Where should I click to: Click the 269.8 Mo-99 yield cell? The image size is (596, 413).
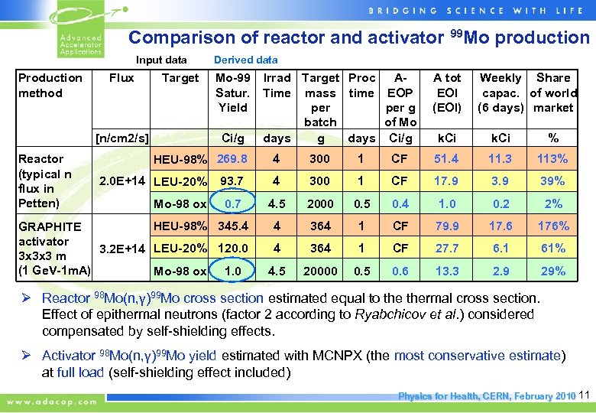click(x=232, y=158)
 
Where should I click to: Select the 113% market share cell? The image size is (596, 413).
click(x=552, y=159)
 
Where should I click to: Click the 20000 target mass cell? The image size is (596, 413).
click(x=320, y=271)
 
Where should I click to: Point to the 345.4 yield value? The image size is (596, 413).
click(x=232, y=226)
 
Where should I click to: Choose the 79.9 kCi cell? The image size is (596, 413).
click(x=448, y=226)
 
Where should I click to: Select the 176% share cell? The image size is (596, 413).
click(x=552, y=226)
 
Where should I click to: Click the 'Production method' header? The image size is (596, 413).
click(x=50, y=85)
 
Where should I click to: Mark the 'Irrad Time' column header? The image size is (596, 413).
click(x=277, y=85)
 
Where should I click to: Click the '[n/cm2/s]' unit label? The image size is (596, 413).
click(x=121, y=138)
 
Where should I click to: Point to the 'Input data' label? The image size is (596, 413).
click(x=161, y=60)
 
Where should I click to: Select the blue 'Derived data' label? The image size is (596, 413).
click(x=245, y=60)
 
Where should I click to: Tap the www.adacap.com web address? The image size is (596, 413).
click(x=53, y=400)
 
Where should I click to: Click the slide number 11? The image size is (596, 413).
click(x=585, y=395)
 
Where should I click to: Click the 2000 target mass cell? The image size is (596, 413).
click(x=320, y=203)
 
